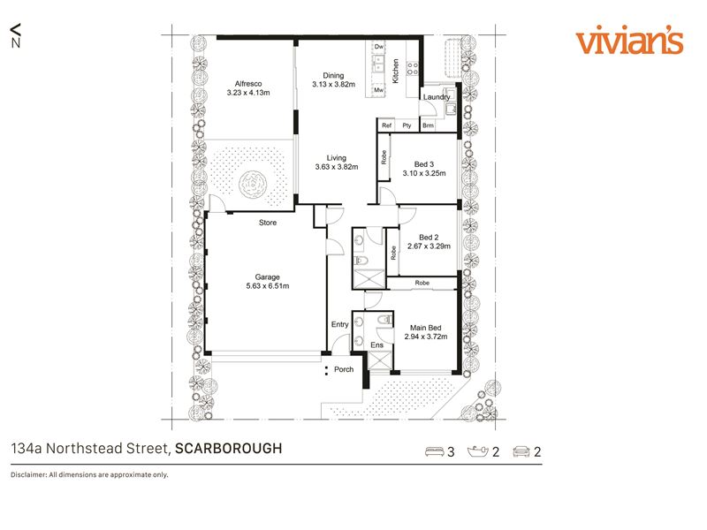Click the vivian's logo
(x=629, y=42)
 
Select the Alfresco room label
(x=248, y=84)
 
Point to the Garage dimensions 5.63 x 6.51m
(x=268, y=285)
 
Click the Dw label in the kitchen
(x=379, y=47)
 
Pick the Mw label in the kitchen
(x=379, y=90)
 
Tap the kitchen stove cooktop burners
(x=413, y=69)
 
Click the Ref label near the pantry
(x=386, y=125)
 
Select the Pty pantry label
(x=407, y=125)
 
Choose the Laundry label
(x=437, y=97)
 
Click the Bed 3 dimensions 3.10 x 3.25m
(x=424, y=173)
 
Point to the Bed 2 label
(x=429, y=237)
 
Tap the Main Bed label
(x=426, y=328)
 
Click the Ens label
(x=377, y=344)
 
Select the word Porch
(x=344, y=369)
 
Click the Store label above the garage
(x=268, y=223)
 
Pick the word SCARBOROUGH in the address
(x=229, y=449)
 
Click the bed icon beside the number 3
(x=435, y=451)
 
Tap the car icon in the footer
(x=521, y=451)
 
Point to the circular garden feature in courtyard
(x=253, y=185)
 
